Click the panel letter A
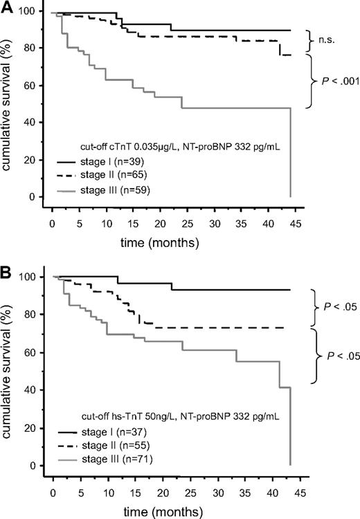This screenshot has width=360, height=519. click(8, 8)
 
